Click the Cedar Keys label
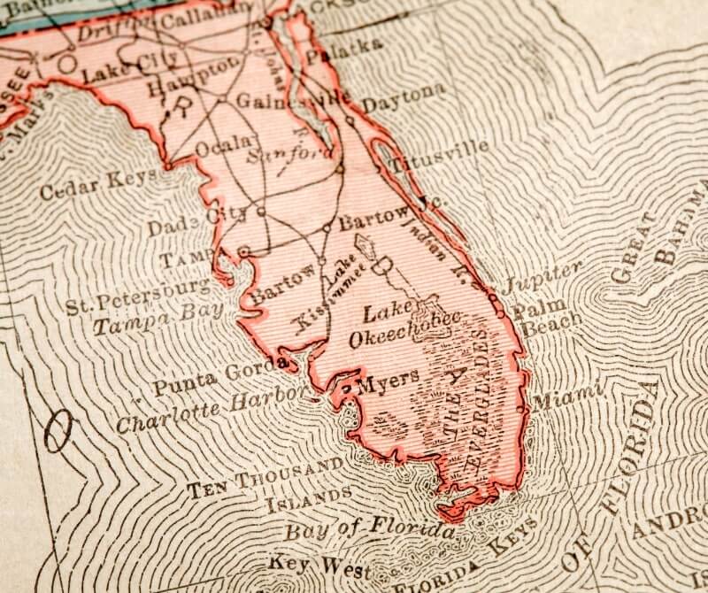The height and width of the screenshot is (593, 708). (x=97, y=182)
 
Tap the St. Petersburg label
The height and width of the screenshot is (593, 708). (x=139, y=295)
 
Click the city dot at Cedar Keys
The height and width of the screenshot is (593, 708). (x=166, y=166)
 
